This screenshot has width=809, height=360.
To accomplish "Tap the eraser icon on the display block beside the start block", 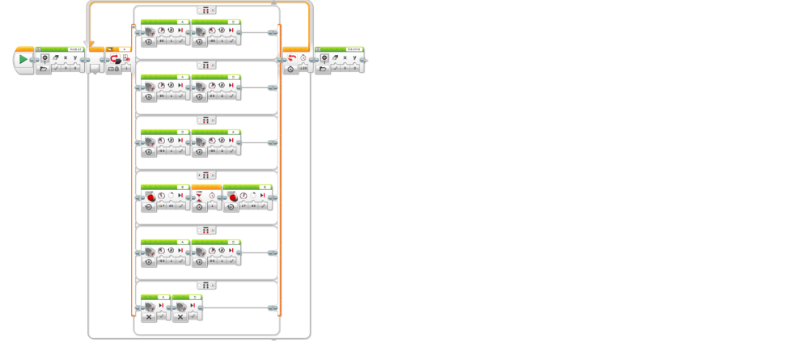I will (55, 58).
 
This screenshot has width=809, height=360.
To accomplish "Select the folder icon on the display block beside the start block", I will (44, 70).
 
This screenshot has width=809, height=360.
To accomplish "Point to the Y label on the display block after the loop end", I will (354, 58).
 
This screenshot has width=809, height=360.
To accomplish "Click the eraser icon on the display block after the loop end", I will (333, 58).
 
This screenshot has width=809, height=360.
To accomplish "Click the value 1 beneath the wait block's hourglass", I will (212, 207).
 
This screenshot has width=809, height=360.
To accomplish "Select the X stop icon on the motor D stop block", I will (180, 316).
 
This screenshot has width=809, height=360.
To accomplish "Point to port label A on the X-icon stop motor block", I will (163, 296).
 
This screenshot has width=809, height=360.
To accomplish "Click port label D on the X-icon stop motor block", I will (194, 296).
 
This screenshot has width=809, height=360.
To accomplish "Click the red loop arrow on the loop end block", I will (292, 59).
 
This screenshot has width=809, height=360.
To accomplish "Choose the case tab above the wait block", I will (206, 176).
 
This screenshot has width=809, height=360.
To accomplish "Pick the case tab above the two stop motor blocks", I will (206, 285).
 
